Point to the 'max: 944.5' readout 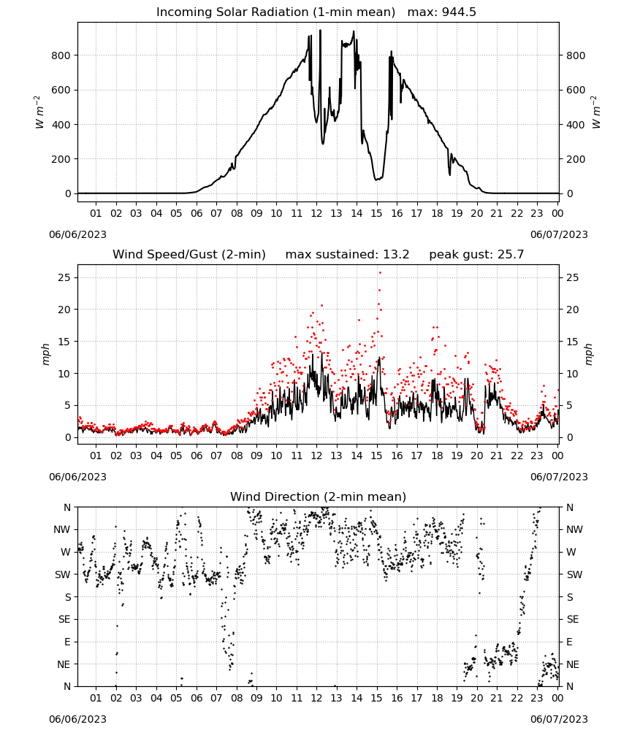pyautogui.click(x=442, y=12)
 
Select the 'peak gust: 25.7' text pyautogui.click(x=476, y=255)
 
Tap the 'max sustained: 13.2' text pyautogui.click(x=347, y=255)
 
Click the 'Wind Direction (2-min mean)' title pyautogui.click(x=319, y=496)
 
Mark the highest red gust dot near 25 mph pyautogui.click(x=380, y=273)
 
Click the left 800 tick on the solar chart pyautogui.click(x=61, y=55)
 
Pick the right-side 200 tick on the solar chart pyautogui.click(x=576, y=159)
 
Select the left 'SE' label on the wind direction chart pyautogui.click(x=64, y=619)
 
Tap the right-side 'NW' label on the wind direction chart pyautogui.click(x=574, y=529)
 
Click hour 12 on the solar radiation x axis pyautogui.click(x=316, y=213)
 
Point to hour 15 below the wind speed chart pyautogui.click(x=376, y=456)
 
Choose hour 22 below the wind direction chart pyautogui.click(x=517, y=698)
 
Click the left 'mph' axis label pyautogui.click(x=45, y=354)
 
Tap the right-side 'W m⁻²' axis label pyautogui.click(x=596, y=112)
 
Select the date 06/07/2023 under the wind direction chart pyautogui.click(x=559, y=719)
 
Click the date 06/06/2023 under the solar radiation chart pyautogui.click(x=77, y=234)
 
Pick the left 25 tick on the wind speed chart pyautogui.click(x=65, y=277)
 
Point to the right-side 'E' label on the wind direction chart pyautogui.click(x=569, y=642)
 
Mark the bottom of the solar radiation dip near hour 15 pyautogui.click(x=376, y=180)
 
